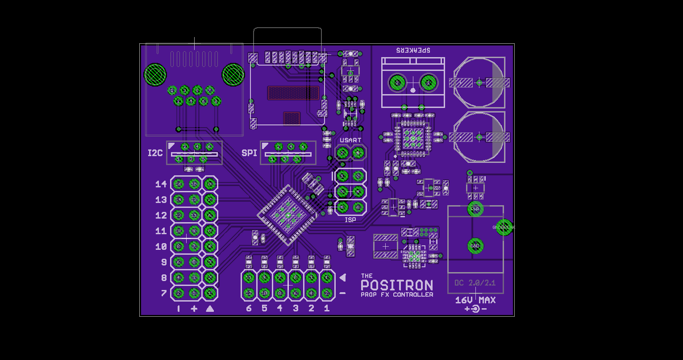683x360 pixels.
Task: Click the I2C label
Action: [155, 153]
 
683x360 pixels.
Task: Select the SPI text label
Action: [249, 153]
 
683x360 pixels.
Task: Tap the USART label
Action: [350, 140]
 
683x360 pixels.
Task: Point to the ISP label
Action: [350, 220]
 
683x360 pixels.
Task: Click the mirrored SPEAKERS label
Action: [413, 50]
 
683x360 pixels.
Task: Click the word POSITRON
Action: [397, 286]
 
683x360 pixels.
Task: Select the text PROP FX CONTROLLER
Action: [397, 295]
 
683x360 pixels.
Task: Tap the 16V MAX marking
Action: [475, 300]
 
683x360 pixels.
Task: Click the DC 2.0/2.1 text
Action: [475, 283]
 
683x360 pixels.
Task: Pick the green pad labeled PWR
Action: [475, 209]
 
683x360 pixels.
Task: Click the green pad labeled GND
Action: [475, 246]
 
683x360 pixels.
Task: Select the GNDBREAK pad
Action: [504, 227]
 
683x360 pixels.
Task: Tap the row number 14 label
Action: [161, 184]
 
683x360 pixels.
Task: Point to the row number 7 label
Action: [164, 293]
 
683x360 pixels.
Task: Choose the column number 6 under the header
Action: [249, 308]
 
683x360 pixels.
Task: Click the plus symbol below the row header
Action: [194, 309]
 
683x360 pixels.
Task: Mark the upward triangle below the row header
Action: [210, 309]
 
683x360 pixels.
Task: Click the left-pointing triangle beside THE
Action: [342, 277]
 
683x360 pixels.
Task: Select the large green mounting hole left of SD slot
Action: [233, 74]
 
